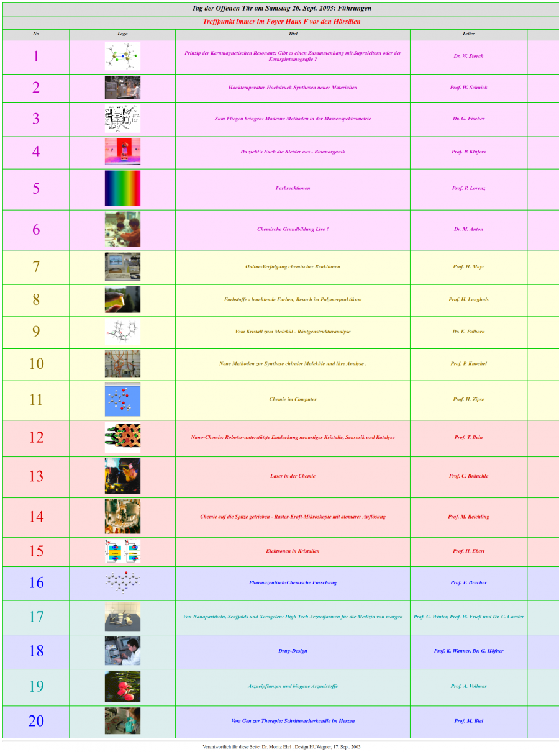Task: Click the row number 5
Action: (x=36, y=189)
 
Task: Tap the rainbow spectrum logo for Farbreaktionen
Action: (x=122, y=189)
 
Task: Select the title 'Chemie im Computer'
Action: (x=293, y=399)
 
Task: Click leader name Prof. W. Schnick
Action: (x=468, y=88)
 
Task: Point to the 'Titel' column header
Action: (x=293, y=34)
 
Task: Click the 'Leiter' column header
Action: (x=468, y=34)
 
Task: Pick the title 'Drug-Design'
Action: (x=293, y=651)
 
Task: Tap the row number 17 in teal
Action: (x=36, y=617)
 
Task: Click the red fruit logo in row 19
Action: (x=122, y=686)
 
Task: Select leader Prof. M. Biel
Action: (x=468, y=721)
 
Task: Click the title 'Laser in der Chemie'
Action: (x=293, y=476)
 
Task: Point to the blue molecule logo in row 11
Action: (x=122, y=399)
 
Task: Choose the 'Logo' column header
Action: (x=122, y=34)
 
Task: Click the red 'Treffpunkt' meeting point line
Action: (x=281, y=22)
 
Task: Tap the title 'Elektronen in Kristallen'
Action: (x=293, y=551)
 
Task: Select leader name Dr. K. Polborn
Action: (x=468, y=332)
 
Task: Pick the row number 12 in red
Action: (x=36, y=437)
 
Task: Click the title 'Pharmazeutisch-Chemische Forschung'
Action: (x=293, y=582)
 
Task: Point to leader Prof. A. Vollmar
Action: (x=468, y=686)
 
